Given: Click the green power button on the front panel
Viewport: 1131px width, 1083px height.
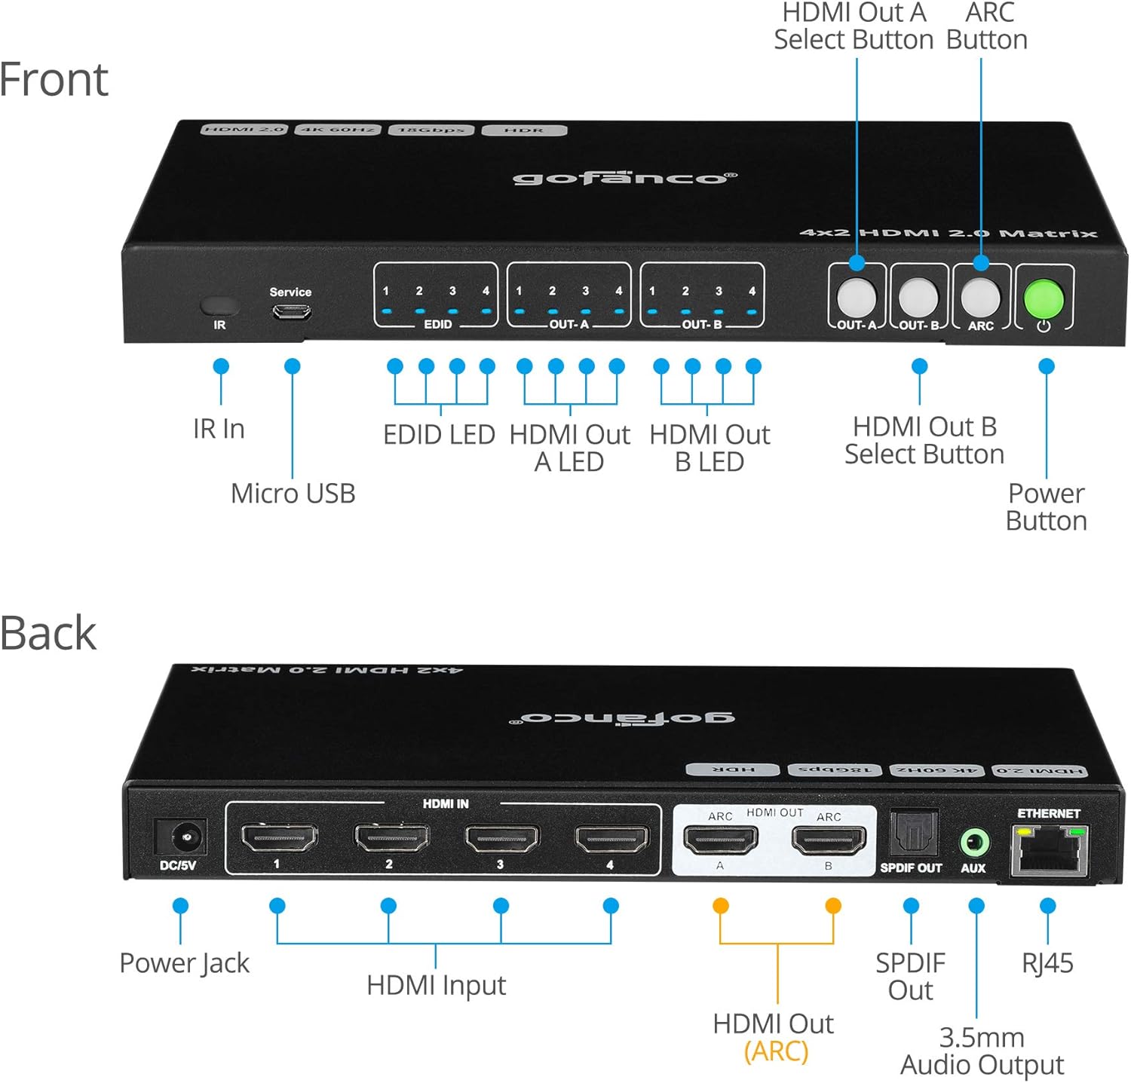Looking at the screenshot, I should point(1044,299).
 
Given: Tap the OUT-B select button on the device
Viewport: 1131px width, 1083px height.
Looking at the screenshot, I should point(918,298).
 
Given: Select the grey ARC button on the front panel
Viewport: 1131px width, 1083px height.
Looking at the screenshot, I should point(980,298).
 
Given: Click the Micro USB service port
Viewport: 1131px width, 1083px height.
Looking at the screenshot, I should point(291,311).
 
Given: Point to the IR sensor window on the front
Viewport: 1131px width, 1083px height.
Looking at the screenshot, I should point(219,306).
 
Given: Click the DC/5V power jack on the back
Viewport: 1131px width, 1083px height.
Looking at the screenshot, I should point(180,837).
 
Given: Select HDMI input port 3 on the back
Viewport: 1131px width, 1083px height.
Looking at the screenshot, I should point(501,838).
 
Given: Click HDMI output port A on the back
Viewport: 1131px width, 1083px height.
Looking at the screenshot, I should point(720,840).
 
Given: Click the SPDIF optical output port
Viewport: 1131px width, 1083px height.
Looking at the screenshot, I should point(912,834).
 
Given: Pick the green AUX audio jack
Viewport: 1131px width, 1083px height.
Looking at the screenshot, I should point(973,841).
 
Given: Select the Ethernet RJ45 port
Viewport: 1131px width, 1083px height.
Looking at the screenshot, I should point(1050,849).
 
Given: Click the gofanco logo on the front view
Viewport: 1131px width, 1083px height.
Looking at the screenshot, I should point(624,178).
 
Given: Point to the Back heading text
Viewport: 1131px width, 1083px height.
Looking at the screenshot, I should point(48,633).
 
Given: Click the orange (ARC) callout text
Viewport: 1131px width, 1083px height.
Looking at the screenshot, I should point(776,1051).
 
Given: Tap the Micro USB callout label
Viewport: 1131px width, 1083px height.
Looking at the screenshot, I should point(293,494).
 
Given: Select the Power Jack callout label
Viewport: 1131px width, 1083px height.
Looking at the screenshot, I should point(184,963).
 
